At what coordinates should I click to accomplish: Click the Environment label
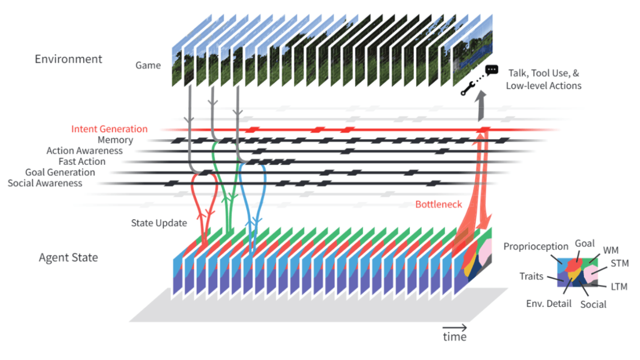tap(68, 59)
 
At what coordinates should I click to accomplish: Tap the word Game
tap(148, 66)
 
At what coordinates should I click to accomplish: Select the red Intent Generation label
tap(109, 129)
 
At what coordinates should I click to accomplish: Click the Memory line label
tap(115, 140)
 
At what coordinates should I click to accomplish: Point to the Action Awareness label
tap(84, 151)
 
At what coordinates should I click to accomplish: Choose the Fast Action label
tap(82, 162)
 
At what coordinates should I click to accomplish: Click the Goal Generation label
tap(60, 172)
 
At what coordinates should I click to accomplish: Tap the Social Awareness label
tap(45, 183)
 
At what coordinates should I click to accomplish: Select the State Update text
tap(159, 223)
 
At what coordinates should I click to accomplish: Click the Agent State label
tap(68, 258)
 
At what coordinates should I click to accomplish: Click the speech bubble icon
tap(491, 70)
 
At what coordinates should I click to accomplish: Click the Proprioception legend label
tap(536, 246)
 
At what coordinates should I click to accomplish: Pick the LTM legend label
tap(619, 287)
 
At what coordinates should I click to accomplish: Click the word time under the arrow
tap(454, 337)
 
